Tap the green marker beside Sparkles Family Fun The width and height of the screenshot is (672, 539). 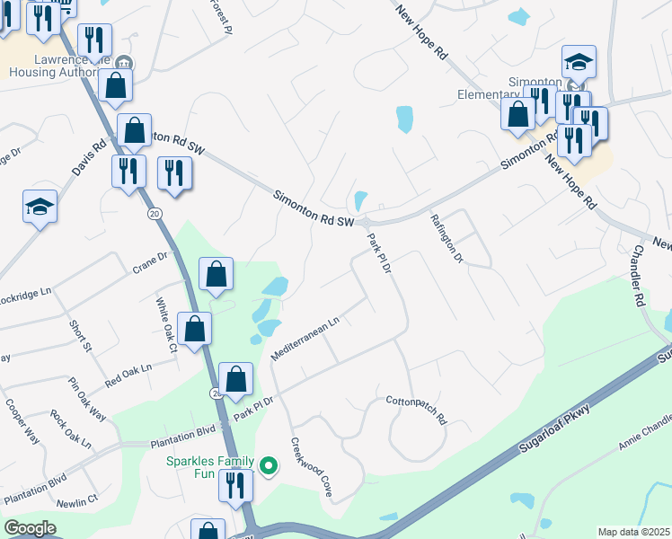click(268, 465)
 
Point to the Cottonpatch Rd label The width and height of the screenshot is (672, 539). click(416, 406)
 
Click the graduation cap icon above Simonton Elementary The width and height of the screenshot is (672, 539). click(579, 62)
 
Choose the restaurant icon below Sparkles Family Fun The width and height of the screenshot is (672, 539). click(235, 485)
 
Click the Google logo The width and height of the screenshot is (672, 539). click(30, 528)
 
